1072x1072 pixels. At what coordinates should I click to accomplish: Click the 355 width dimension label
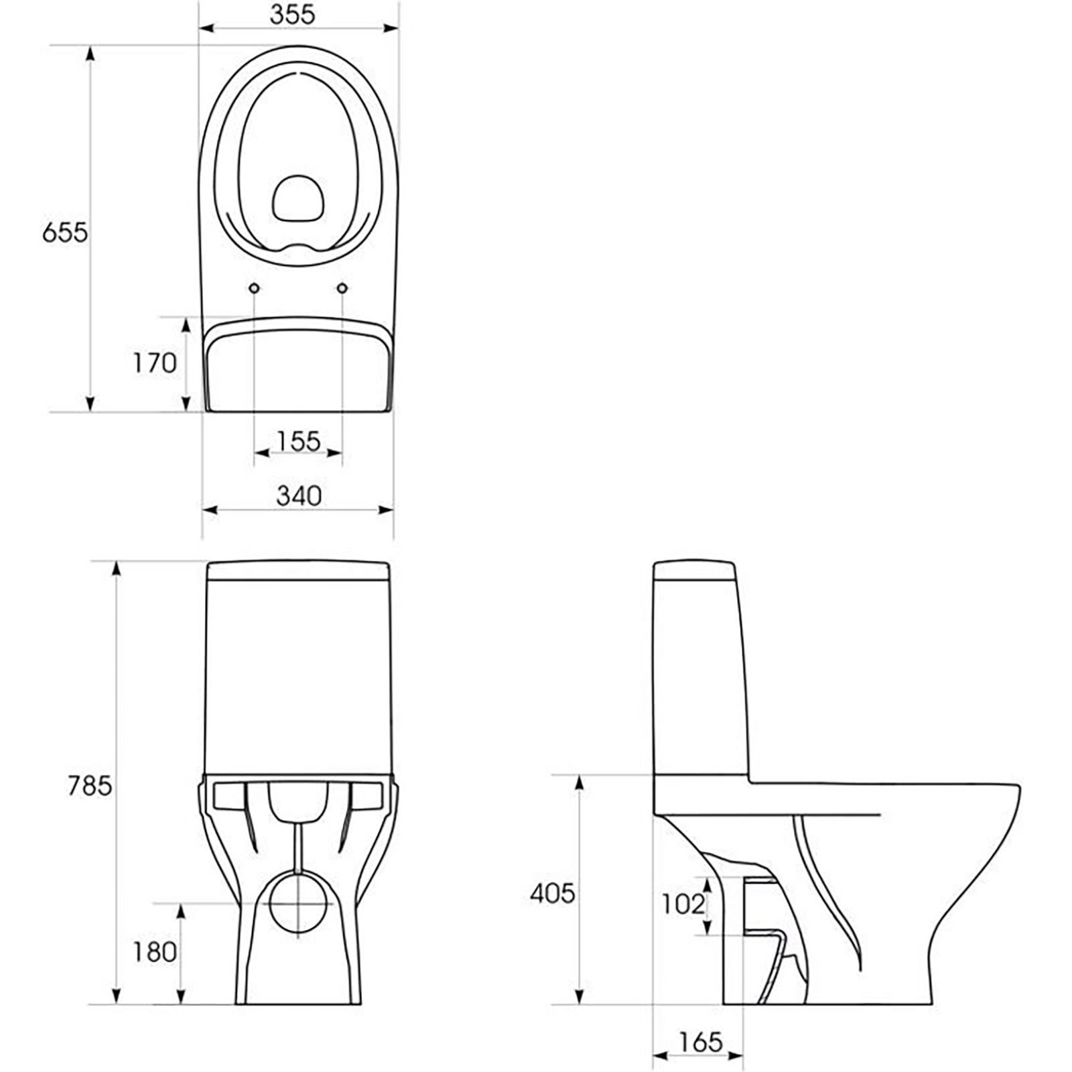pos(292,15)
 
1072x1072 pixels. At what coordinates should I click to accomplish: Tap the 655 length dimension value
pos(65,232)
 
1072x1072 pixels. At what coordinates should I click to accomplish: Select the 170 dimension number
pos(154,363)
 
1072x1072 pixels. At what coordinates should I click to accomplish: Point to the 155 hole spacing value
pos(299,441)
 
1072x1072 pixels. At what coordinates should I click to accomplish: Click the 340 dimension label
pos(299,496)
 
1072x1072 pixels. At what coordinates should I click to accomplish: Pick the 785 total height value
pos(90,786)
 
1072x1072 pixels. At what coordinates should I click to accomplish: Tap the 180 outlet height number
pos(155,952)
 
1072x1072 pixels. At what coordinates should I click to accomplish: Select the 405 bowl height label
pos(553,893)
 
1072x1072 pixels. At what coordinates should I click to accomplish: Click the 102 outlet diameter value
pos(683,904)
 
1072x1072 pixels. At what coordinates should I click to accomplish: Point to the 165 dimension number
pos(701,1043)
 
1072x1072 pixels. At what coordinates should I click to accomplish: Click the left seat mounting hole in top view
pos(255,287)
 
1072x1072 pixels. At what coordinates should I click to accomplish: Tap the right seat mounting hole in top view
pos(343,287)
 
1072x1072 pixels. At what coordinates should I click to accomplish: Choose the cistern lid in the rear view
pos(299,571)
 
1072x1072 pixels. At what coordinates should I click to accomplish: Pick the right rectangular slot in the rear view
pos(367,795)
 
